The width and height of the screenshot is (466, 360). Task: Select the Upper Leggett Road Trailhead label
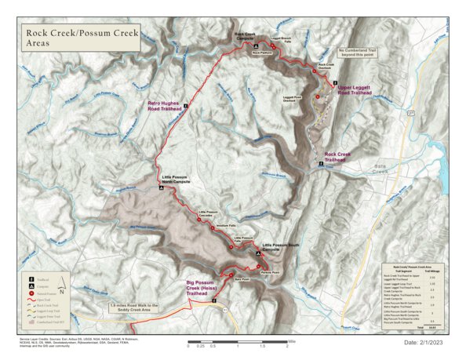click(x=354, y=91)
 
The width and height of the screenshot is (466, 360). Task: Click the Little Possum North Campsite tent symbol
click(x=162, y=189)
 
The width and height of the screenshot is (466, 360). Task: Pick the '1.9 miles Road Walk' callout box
click(x=135, y=306)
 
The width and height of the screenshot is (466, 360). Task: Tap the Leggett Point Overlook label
click(x=291, y=100)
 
